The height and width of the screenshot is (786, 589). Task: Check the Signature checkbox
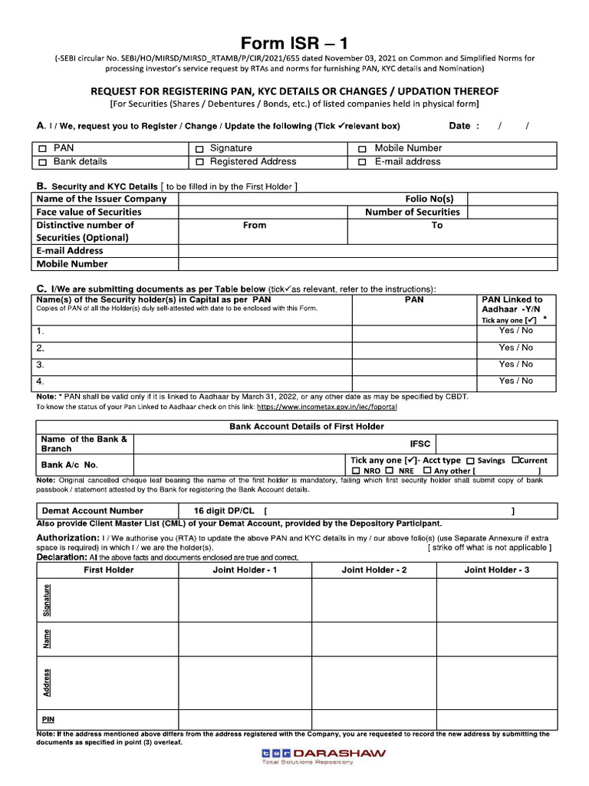pyautogui.click(x=199, y=149)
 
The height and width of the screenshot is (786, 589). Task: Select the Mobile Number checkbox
pyautogui.click(x=362, y=149)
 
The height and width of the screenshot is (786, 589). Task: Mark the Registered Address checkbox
pyautogui.click(x=199, y=163)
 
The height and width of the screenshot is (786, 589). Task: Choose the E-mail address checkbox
pyautogui.click(x=362, y=163)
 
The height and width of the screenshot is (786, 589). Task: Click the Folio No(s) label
pyautogui.click(x=429, y=199)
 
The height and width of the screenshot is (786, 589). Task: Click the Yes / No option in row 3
pyautogui.click(x=515, y=365)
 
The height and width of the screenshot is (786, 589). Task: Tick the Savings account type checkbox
pyautogui.click(x=470, y=461)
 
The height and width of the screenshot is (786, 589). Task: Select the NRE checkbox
pyautogui.click(x=390, y=471)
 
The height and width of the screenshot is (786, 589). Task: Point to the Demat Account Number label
pyautogui.click(x=92, y=510)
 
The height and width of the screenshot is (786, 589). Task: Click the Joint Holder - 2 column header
pyautogui.click(x=373, y=570)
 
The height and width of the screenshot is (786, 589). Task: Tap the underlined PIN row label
pyautogui.click(x=48, y=720)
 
